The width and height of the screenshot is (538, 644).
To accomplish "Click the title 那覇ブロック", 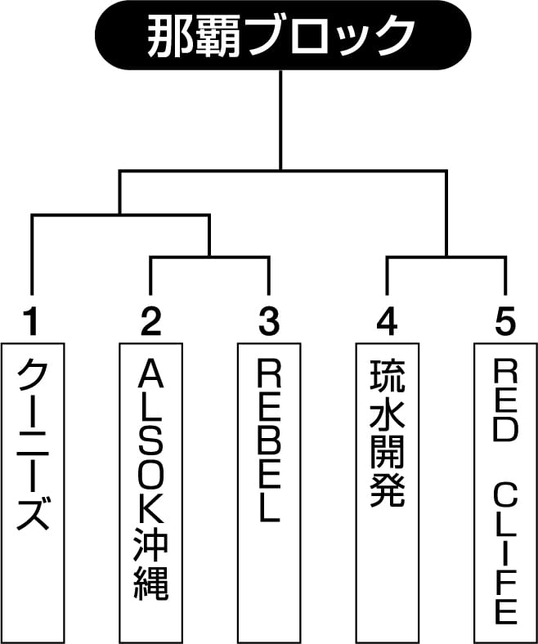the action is [x=280, y=36].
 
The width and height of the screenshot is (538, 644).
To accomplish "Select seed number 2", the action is [x=150, y=322].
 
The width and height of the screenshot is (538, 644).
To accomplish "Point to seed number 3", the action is [x=269, y=322].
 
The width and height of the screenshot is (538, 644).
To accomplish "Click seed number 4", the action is [x=388, y=322].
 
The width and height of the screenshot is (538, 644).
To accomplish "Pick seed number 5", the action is [x=505, y=322].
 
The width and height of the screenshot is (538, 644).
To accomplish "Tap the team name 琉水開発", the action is [x=388, y=433].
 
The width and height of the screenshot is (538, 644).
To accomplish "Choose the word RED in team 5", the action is [x=505, y=402].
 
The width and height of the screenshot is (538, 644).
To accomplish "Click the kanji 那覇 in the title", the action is [x=194, y=36].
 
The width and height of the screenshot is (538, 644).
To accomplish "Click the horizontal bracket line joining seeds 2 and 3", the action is [x=209, y=257].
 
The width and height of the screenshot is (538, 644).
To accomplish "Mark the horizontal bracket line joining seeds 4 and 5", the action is [x=446, y=257].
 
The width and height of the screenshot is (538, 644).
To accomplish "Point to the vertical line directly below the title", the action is [x=280, y=119].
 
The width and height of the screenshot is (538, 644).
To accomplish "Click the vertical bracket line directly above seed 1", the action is [x=32, y=255].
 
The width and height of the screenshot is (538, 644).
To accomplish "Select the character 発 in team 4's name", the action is [x=388, y=490].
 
